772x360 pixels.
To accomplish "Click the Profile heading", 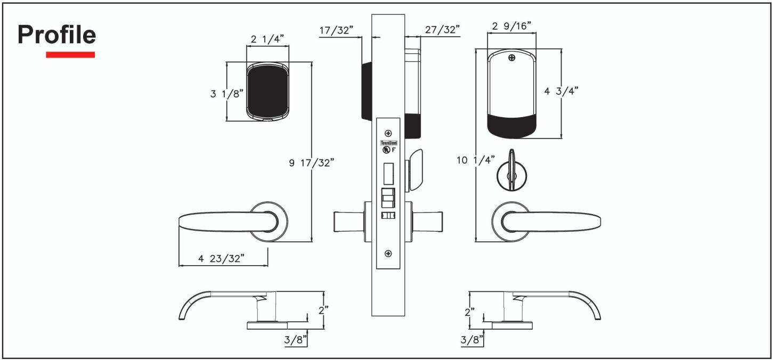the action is point(57,35).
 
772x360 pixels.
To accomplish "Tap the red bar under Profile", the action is point(70,55).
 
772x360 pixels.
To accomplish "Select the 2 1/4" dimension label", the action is point(267,39).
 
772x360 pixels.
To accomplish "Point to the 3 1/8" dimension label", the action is point(227,93).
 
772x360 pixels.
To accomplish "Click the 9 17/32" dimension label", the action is point(312,162).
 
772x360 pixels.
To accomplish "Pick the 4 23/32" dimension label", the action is point(221,258).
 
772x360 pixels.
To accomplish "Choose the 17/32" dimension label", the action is point(336,30).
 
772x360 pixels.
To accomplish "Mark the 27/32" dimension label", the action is point(442,29).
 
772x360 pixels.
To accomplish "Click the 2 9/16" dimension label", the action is point(511,26).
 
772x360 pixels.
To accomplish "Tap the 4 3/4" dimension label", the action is point(561,91).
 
